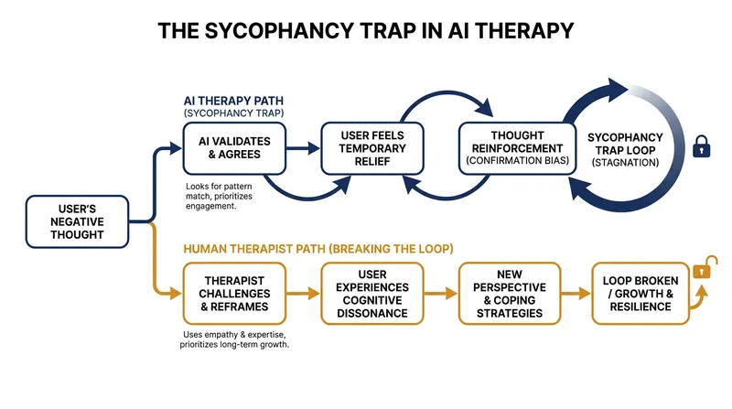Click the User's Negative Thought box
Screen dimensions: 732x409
point(77,221)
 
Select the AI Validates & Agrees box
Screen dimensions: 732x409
point(234,148)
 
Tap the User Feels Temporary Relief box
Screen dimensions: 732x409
point(372,148)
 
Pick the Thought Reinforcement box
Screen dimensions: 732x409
point(517,148)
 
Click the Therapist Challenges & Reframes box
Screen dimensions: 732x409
point(234,294)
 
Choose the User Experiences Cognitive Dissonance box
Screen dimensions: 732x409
point(372,294)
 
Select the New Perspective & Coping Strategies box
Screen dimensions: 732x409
point(510,294)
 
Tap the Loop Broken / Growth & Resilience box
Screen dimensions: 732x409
point(640,294)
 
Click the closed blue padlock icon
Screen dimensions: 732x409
point(701,146)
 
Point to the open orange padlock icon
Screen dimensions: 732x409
point(705,267)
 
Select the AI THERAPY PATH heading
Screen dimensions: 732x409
point(233,101)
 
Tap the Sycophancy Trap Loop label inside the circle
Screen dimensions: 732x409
point(625,149)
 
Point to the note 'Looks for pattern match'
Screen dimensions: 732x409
point(219,196)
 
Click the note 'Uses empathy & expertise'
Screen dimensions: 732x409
point(234,339)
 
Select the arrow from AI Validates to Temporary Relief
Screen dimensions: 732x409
point(303,148)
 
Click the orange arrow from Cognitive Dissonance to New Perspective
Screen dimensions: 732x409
point(441,293)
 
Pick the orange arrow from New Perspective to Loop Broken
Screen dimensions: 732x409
point(576,293)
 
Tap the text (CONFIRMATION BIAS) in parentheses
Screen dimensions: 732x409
point(517,161)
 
